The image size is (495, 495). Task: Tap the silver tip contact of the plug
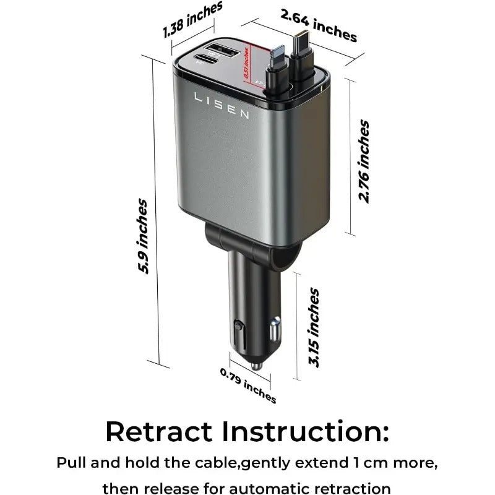click(x=254, y=367)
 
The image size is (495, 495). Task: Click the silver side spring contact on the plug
click(x=275, y=331)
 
